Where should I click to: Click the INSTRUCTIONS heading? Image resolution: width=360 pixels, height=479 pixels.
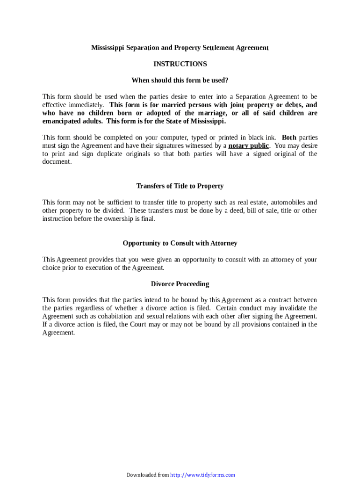click(180, 64)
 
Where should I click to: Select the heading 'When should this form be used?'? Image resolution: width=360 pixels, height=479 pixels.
click(180, 80)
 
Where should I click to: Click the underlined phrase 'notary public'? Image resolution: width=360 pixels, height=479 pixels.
click(248, 145)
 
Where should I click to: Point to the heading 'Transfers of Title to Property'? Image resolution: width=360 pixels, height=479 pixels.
click(180, 186)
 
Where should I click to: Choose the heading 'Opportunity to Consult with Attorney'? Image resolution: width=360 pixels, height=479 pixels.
click(180, 243)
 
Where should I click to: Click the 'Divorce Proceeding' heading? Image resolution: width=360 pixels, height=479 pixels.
click(180, 284)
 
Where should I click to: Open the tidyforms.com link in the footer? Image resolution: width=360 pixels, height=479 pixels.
click(202, 475)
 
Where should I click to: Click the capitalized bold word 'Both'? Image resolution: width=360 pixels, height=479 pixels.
click(289, 138)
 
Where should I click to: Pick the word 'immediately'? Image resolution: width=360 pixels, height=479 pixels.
click(86, 105)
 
